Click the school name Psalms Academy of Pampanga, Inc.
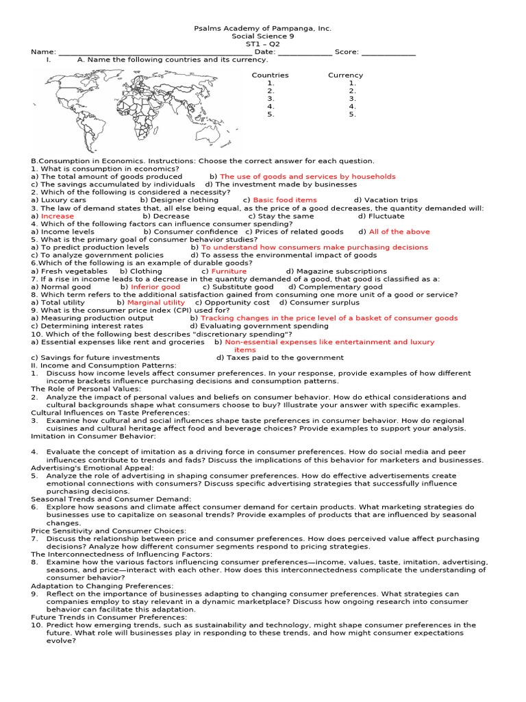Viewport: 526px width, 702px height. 263,29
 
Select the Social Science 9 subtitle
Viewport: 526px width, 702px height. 263,36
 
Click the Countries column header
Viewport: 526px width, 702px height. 270,75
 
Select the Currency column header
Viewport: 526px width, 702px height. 345,75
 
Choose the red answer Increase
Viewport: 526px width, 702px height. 58,216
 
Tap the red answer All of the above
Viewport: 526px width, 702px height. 399,232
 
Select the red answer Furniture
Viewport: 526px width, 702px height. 229,271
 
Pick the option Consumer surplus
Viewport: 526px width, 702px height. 324,302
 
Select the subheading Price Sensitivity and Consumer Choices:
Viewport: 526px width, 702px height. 108,531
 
